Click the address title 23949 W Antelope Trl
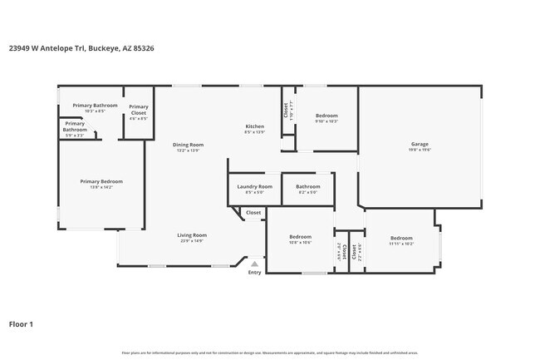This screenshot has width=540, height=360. (81, 48)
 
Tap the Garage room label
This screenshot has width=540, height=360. (419, 144)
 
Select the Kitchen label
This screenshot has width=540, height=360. (254, 126)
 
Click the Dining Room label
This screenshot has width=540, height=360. (188, 145)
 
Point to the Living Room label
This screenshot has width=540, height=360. (191, 235)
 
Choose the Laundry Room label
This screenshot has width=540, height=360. (254, 187)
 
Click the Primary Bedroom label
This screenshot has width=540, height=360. (101, 181)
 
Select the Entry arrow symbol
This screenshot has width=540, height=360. (254, 264)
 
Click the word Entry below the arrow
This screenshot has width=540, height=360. (254, 273)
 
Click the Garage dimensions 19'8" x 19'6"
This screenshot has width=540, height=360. (419, 150)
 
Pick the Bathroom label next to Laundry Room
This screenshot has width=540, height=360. (307, 187)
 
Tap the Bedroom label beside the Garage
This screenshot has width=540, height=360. (326, 116)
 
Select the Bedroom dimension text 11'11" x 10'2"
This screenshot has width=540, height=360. (401, 244)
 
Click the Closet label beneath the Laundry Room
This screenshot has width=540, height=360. (253, 213)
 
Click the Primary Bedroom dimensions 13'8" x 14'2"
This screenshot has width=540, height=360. (101, 187)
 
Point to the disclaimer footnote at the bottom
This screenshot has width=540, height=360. (270, 353)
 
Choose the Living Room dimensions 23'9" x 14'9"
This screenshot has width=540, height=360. (191, 241)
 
